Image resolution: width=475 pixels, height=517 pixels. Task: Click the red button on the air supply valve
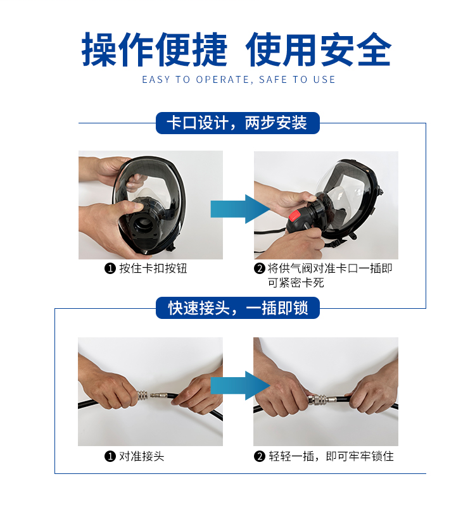pos(294,216)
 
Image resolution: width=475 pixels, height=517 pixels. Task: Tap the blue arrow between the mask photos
pos(240,209)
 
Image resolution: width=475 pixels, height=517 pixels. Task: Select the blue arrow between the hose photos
pos(240,385)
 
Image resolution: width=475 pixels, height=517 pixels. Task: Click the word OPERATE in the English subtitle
pos(224,80)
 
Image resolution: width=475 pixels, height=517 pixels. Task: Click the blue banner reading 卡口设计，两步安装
pos(237,123)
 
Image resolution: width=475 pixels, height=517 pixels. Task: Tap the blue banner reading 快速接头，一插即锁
pos(237,308)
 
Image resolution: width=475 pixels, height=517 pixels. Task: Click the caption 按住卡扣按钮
pos(153,268)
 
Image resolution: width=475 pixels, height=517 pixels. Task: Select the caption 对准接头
pos(141,456)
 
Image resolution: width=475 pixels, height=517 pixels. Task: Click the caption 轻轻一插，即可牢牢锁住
pos(331,456)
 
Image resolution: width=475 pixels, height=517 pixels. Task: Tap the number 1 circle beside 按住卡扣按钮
pos(110,269)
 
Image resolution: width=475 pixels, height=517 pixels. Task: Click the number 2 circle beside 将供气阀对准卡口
pos(260,269)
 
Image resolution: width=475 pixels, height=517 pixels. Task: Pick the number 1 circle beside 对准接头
pos(110,457)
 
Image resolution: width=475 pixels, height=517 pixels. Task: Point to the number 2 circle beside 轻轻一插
pos(260,457)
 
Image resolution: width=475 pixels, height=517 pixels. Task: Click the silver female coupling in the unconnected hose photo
pos(142,395)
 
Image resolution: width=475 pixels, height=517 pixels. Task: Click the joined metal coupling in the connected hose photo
pos(322,400)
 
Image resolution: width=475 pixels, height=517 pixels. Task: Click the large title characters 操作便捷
pos(155,49)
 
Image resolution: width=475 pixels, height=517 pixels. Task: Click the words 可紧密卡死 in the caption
pos(296,283)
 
